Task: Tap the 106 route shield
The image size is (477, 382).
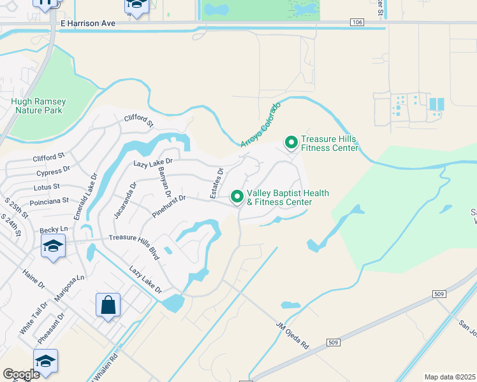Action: [x=358, y=23]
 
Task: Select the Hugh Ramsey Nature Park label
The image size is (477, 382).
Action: [x=36, y=106]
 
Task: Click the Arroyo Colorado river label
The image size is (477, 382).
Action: [x=261, y=125]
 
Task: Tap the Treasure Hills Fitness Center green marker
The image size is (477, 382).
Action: [x=291, y=142]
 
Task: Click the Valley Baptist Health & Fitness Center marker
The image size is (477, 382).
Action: [x=237, y=197]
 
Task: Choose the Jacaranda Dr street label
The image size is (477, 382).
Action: [x=125, y=201]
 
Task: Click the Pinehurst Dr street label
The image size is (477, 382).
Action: [x=169, y=207]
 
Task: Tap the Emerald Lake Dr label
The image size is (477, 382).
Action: [x=85, y=197]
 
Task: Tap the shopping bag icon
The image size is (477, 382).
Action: [x=108, y=305]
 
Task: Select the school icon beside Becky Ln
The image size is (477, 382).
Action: [x=53, y=246]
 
